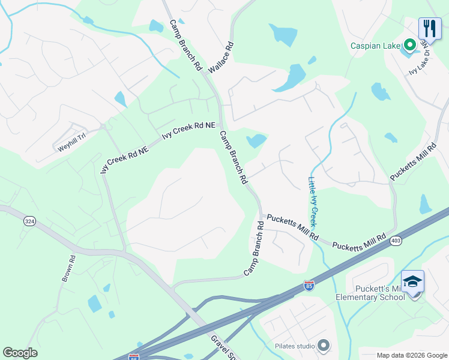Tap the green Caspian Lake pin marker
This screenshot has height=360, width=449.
pyautogui.click(x=411, y=45)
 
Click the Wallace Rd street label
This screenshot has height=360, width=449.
pyautogui.click(x=220, y=58)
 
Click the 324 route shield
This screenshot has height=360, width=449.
pyautogui.click(x=29, y=221)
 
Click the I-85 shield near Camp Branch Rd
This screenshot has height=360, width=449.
pyautogui.click(x=309, y=286)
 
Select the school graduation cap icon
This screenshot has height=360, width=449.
pyautogui.click(x=413, y=281)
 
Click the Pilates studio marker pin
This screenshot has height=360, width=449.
pyautogui.click(x=324, y=345)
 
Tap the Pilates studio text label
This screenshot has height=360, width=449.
pyautogui.click(x=295, y=346)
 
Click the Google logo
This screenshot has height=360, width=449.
pyautogui.click(x=20, y=353)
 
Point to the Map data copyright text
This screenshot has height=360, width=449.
pyautogui.click(x=411, y=355)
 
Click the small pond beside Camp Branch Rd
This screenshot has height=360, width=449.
pyautogui.click(x=256, y=141)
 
